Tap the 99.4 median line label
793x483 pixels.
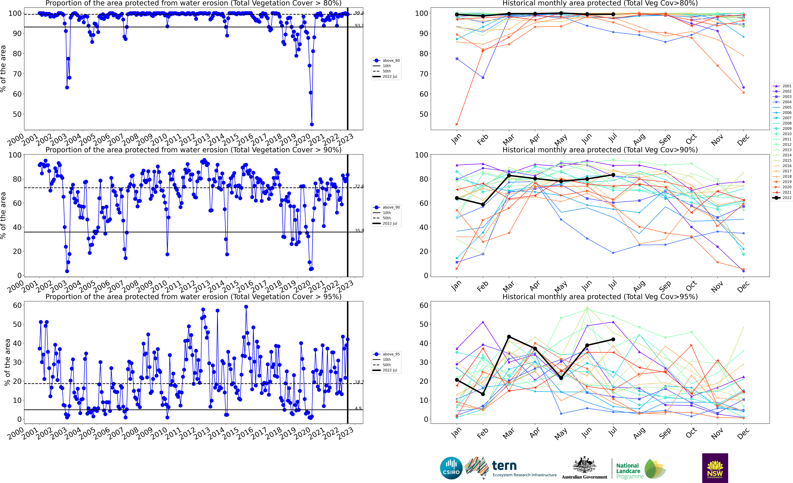click(359, 13)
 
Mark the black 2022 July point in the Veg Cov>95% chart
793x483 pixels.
click(613, 339)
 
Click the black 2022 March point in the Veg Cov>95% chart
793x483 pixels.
click(509, 337)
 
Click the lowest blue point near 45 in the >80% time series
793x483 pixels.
click(312, 124)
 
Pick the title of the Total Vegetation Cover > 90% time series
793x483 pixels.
click(193, 150)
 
